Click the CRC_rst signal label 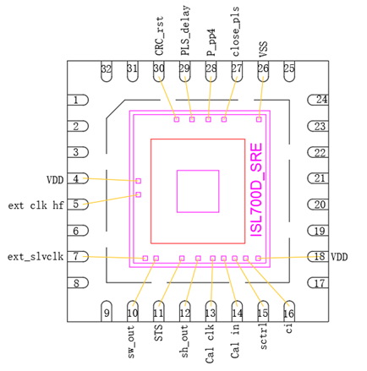coord(159,36)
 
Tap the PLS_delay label coord(185,30)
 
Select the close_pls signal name coord(235,31)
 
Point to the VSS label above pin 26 coord(263,50)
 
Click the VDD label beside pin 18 coord(339,257)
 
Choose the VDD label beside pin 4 coord(55,180)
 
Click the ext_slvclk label coord(36,257)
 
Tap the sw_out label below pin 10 coord(131,342)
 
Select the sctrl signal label coord(263,336)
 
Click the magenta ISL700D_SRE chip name coord(256,189)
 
